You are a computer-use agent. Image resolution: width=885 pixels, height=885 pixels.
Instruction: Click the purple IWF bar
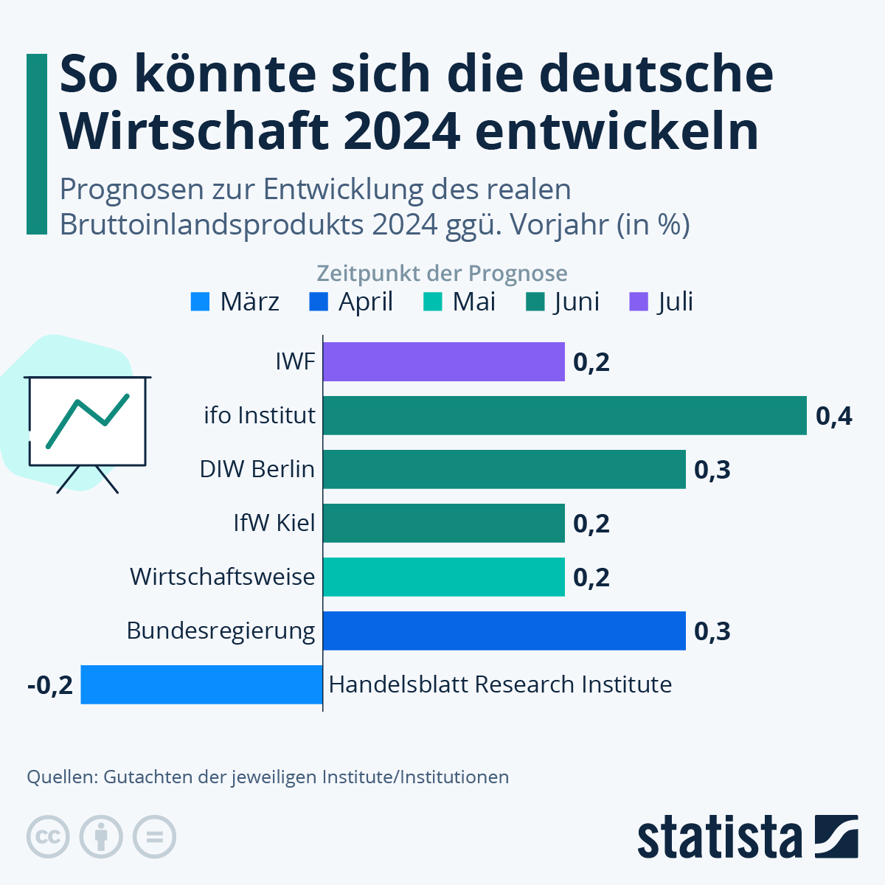tap(443, 361)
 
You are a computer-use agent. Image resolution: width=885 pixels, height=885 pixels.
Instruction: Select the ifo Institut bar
tap(564, 415)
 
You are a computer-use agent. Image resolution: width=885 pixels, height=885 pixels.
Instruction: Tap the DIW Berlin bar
tap(504, 469)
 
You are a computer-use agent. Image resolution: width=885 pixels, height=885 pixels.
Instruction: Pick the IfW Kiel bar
tap(443, 523)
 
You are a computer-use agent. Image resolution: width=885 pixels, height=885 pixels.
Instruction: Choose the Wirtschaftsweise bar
tap(443, 577)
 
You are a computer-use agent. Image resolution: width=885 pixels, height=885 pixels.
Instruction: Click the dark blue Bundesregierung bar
tap(504, 631)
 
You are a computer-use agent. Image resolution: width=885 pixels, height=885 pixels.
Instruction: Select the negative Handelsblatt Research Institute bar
tap(201, 684)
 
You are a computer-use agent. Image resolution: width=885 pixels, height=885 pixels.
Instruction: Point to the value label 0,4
tap(833, 416)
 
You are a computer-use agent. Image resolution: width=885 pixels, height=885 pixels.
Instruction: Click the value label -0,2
tap(50, 685)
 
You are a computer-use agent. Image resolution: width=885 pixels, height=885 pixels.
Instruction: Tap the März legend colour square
tap(200, 302)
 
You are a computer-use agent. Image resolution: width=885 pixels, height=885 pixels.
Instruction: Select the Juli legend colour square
tap(639, 302)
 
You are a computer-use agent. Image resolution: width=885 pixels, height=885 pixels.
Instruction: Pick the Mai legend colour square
tap(433, 302)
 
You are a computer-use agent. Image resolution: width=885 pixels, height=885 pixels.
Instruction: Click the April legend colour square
tap(319, 302)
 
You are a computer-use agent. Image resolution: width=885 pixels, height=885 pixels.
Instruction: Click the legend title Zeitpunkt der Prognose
tap(442, 274)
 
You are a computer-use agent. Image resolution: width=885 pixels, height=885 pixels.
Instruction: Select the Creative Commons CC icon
tap(48, 837)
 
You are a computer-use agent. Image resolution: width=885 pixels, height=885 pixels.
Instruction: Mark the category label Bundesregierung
tap(221, 631)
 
